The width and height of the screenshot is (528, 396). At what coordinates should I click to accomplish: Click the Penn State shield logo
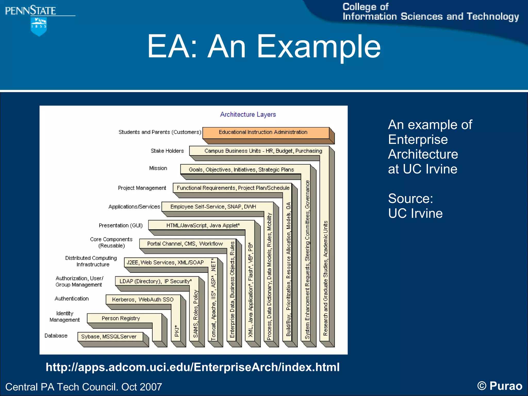(x=39, y=26)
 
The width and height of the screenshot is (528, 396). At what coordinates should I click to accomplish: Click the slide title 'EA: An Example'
(x=263, y=47)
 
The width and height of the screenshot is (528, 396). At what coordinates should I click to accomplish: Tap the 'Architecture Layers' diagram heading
(x=248, y=114)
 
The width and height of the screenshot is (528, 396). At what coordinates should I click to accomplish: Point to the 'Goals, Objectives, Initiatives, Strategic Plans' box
(x=241, y=169)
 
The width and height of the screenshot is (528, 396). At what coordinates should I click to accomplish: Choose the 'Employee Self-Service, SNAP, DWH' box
(x=213, y=207)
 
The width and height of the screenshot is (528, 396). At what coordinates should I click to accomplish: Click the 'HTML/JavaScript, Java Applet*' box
(x=203, y=225)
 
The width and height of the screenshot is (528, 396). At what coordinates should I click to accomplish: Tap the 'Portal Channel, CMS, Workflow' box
(x=185, y=244)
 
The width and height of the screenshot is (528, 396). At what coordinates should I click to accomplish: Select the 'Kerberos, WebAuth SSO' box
(x=143, y=300)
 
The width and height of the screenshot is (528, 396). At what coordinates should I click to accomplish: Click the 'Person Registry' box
(x=121, y=318)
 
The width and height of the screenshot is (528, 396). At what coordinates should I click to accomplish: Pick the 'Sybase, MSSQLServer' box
(x=109, y=336)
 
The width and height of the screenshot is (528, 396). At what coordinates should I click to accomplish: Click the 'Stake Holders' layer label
(x=167, y=151)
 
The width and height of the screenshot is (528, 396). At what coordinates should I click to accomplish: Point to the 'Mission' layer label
(x=158, y=168)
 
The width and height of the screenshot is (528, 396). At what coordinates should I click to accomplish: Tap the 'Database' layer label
(x=56, y=336)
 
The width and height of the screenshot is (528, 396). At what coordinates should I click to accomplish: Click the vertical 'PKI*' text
(x=177, y=331)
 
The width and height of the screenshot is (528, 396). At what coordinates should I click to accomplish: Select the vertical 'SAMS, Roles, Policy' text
(x=196, y=314)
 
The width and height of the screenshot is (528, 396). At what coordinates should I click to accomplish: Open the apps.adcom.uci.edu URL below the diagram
(x=193, y=367)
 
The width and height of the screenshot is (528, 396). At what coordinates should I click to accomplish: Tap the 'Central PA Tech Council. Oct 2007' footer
(x=84, y=387)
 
